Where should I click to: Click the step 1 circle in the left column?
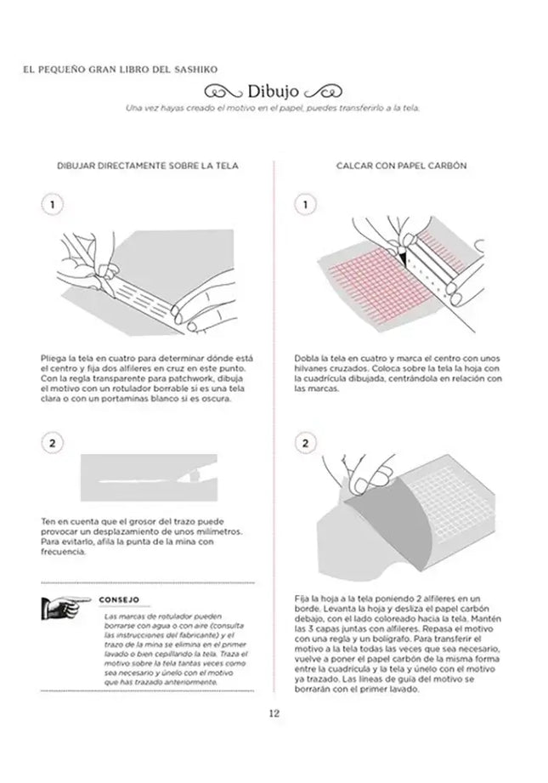point(53,206)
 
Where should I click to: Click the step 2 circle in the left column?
point(53,443)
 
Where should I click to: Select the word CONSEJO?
point(119,599)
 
